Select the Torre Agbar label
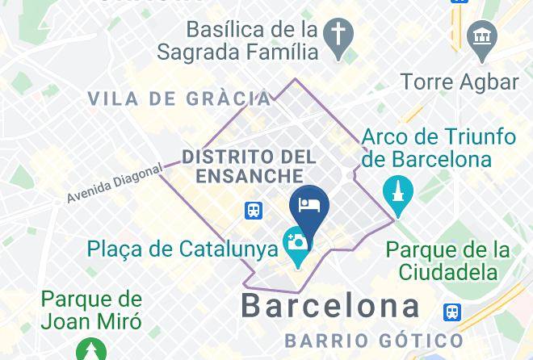pyautogui.click(x=460, y=82)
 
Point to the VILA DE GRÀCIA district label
pyautogui.click(x=179, y=99)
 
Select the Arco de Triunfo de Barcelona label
pyautogui.click(x=439, y=147)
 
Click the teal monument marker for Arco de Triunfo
pyautogui.click(x=397, y=194)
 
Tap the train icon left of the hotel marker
pyautogui.click(x=254, y=211)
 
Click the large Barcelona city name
pyautogui.click(x=331, y=306)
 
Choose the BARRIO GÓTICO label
pyautogui.click(x=374, y=341)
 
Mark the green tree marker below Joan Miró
pyautogui.click(x=90, y=350)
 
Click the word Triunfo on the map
pyautogui.click(x=476, y=136)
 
